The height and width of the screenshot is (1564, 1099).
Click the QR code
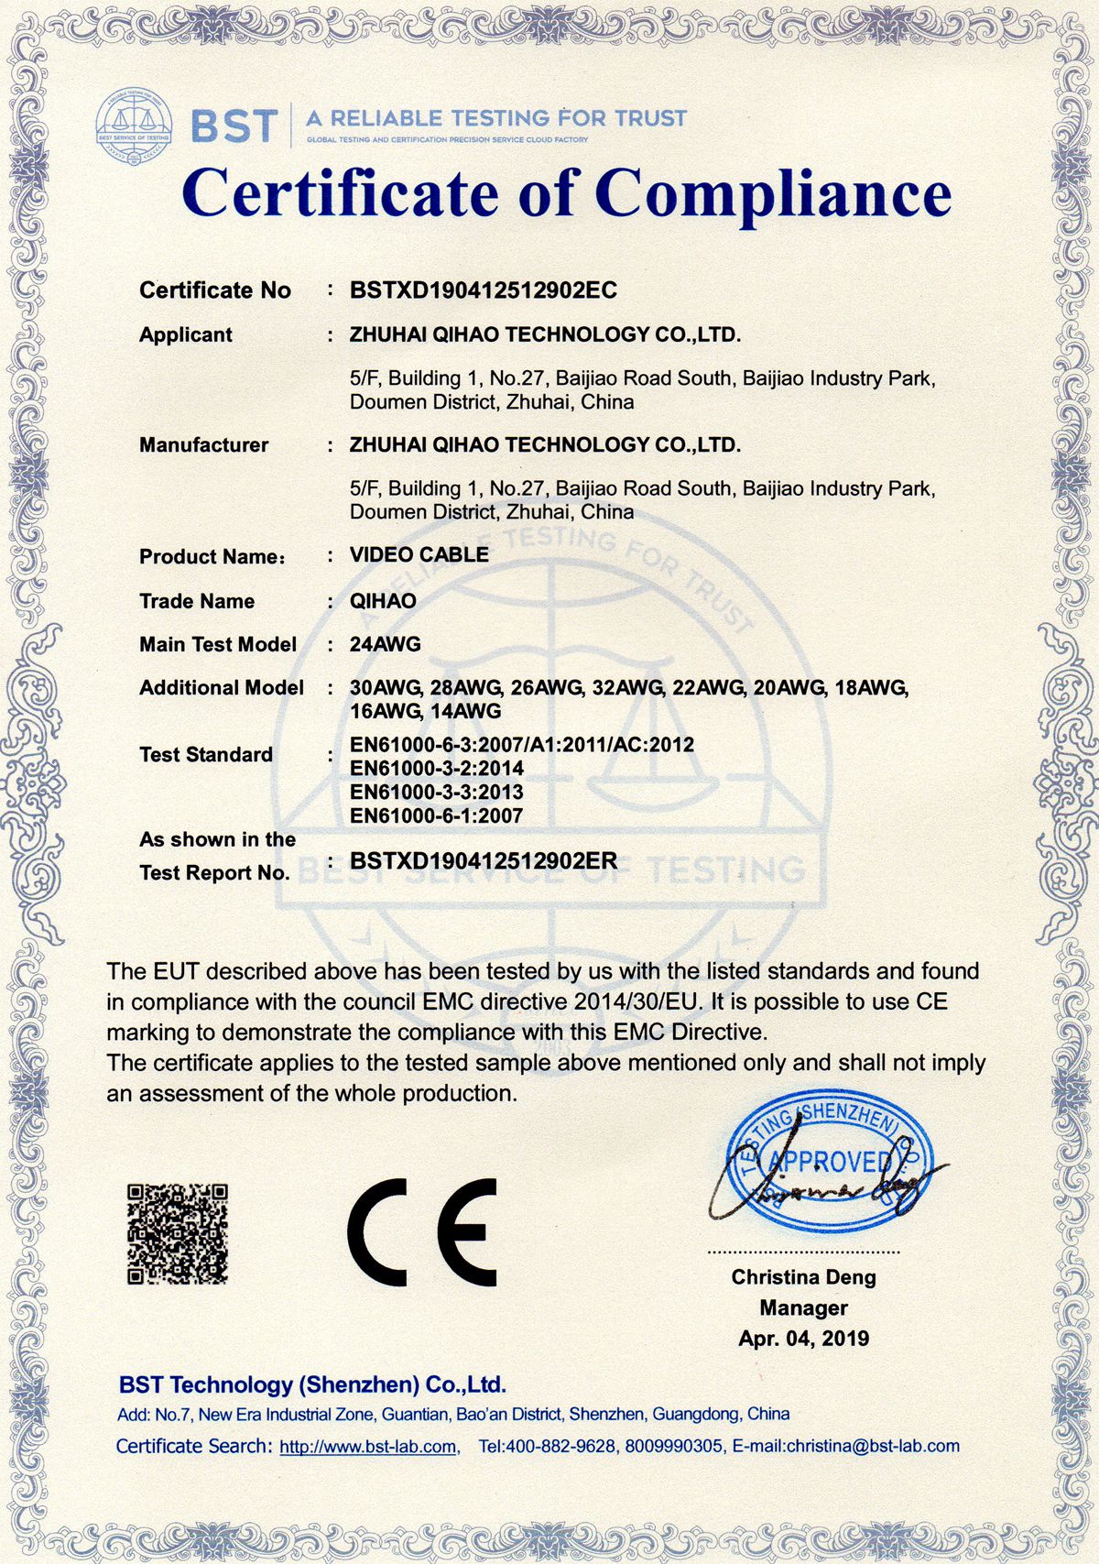(x=178, y=1233)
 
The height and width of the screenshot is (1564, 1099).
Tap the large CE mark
(x=422, y=1232)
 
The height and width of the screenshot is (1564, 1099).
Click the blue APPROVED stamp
(x=829, y=1161)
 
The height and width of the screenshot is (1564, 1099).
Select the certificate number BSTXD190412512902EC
(x=484, y=290)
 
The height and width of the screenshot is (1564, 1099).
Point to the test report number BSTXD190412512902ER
(x=484, y=861)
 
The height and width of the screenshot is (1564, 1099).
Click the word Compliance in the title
(x=773, y=193)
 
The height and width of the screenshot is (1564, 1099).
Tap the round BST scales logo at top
(x=134, y=126)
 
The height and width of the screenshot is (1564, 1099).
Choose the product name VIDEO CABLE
(x=419, y=554)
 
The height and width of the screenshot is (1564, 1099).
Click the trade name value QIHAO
(x=383, y=601)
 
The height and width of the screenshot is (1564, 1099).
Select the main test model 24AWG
(x=386, y=644)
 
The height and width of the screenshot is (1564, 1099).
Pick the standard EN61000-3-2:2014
(x=437, y=768)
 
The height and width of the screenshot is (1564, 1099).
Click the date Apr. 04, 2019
(x=803, y=1339)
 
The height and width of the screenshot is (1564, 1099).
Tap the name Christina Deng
(x=803, y=1277)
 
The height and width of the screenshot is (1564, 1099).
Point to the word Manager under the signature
(x=803, y=1307)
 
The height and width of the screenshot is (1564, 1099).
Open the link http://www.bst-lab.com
(x=368, y=1447)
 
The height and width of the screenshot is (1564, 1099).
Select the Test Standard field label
(x=206, y=755)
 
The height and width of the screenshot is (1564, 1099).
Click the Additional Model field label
(x=222, y=688)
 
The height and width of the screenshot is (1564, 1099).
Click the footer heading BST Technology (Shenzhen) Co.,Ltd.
(x=312, y=1384)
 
